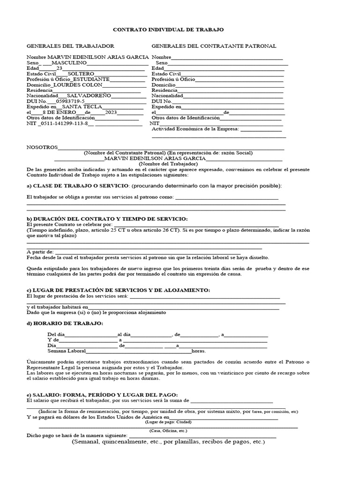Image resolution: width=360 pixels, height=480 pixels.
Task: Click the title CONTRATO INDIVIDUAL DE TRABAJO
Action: [x=169, y=30]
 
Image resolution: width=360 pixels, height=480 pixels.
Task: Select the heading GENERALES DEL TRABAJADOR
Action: [x=70, y=46]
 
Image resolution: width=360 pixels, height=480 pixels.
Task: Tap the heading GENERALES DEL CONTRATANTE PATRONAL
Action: [x=214, y=46]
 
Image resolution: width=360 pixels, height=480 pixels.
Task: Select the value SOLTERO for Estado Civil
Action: [x=81, y=74]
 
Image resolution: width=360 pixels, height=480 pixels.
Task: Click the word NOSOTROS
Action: [x=42, y=147]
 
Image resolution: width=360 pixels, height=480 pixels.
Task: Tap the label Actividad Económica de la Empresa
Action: [x=195, y=128]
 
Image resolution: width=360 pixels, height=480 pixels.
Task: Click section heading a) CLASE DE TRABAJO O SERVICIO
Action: [x=77, y=186]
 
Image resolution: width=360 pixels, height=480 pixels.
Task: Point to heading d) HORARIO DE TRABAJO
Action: [x=65, y=324]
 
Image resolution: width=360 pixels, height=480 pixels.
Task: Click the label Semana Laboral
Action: [x=66, y=351]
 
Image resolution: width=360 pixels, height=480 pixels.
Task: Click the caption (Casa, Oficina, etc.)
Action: [x=168, y=430]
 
